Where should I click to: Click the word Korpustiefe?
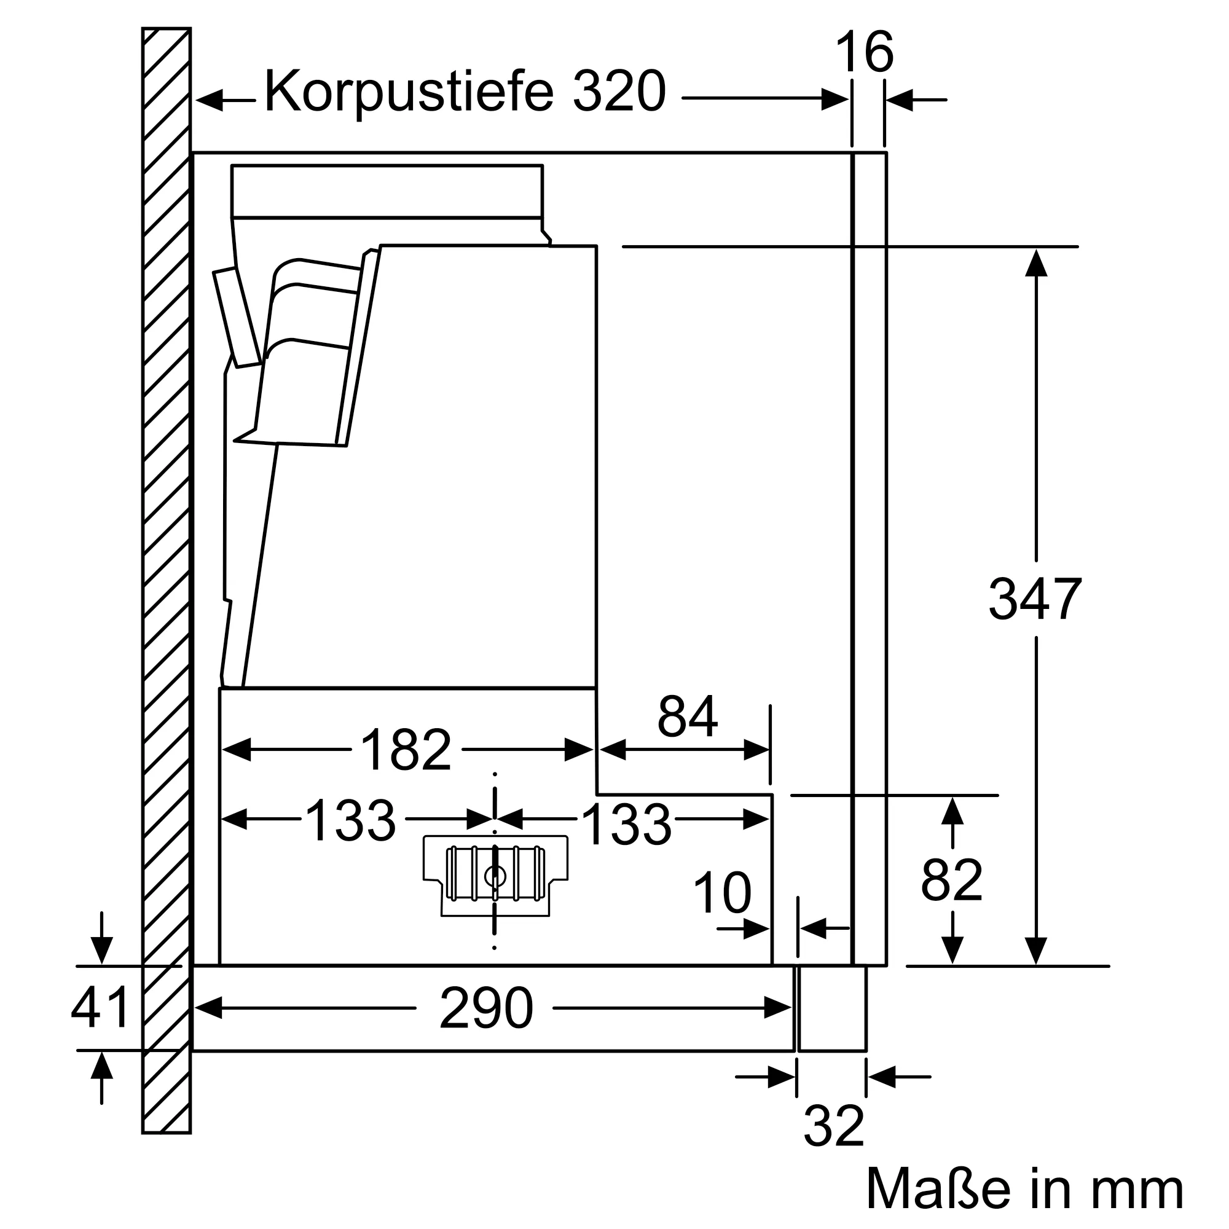pos(409,92)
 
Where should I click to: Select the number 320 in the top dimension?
pos(618,92)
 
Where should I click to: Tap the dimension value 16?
pos(865,53)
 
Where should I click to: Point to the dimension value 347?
pos(1035,599)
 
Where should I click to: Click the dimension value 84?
pos(687,717)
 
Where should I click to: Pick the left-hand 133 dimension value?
pos(350,821)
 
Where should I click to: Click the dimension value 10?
pos(721,893)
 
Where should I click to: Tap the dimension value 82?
pos(952,881)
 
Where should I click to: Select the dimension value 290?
pos(486,1008)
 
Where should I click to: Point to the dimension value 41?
pos(100,1008)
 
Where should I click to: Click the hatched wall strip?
pos(166,573)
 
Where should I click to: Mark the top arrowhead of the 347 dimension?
pos(1036,263)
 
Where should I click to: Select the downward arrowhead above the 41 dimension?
pos(101,950)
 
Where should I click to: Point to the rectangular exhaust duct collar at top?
pos(387,191)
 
